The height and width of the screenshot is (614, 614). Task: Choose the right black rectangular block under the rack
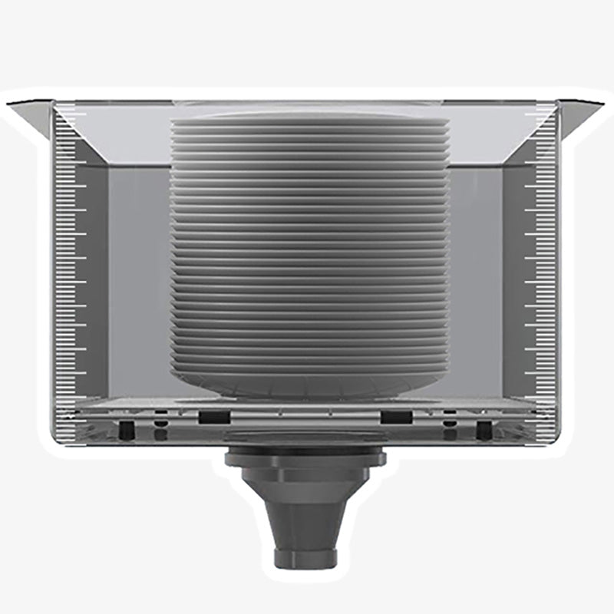click(x=397, y=418)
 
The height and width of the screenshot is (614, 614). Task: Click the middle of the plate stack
click(x=307, y=253)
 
